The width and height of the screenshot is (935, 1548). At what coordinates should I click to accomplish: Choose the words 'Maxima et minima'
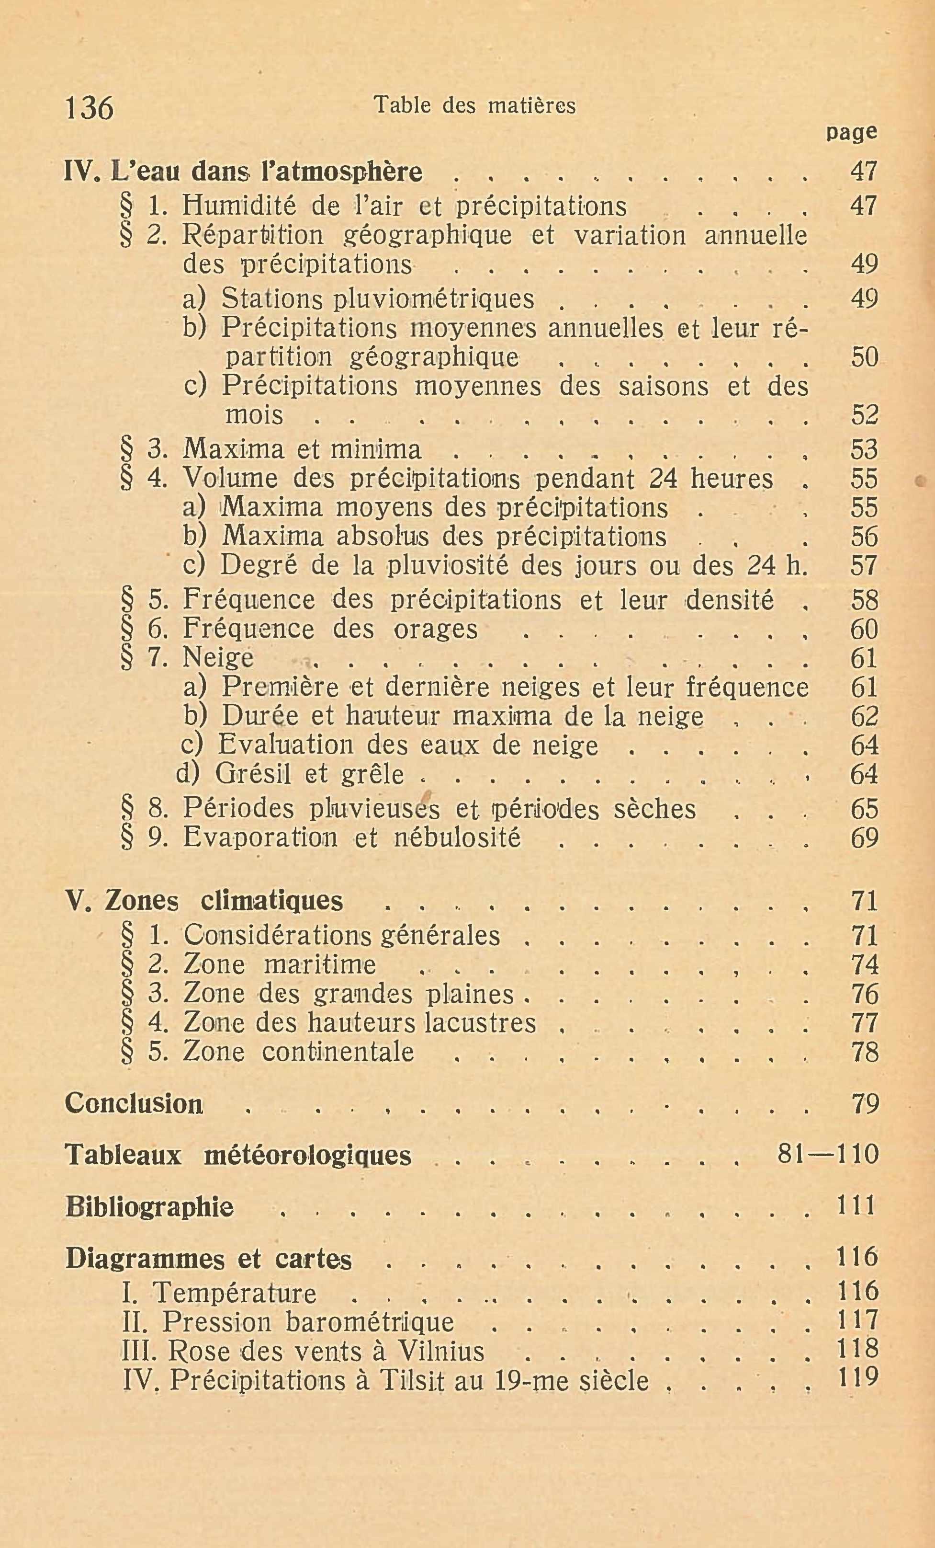pos(302,449)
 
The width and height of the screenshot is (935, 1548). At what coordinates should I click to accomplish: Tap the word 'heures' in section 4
pos(732,479)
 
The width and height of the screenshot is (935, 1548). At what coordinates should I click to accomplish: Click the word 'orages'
pos(435,629)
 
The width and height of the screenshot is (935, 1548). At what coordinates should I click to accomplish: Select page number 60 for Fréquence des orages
pos(864,629)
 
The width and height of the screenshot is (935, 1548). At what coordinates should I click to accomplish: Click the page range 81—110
pos(827,1154)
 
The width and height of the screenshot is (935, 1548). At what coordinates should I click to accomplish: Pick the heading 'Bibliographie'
pos(149,1206)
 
